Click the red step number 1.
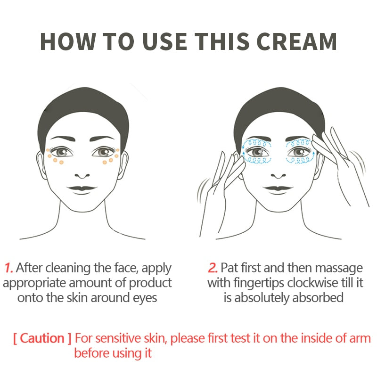pos(8,268)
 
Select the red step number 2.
pos(213,268)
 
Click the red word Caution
pos(42,338)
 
